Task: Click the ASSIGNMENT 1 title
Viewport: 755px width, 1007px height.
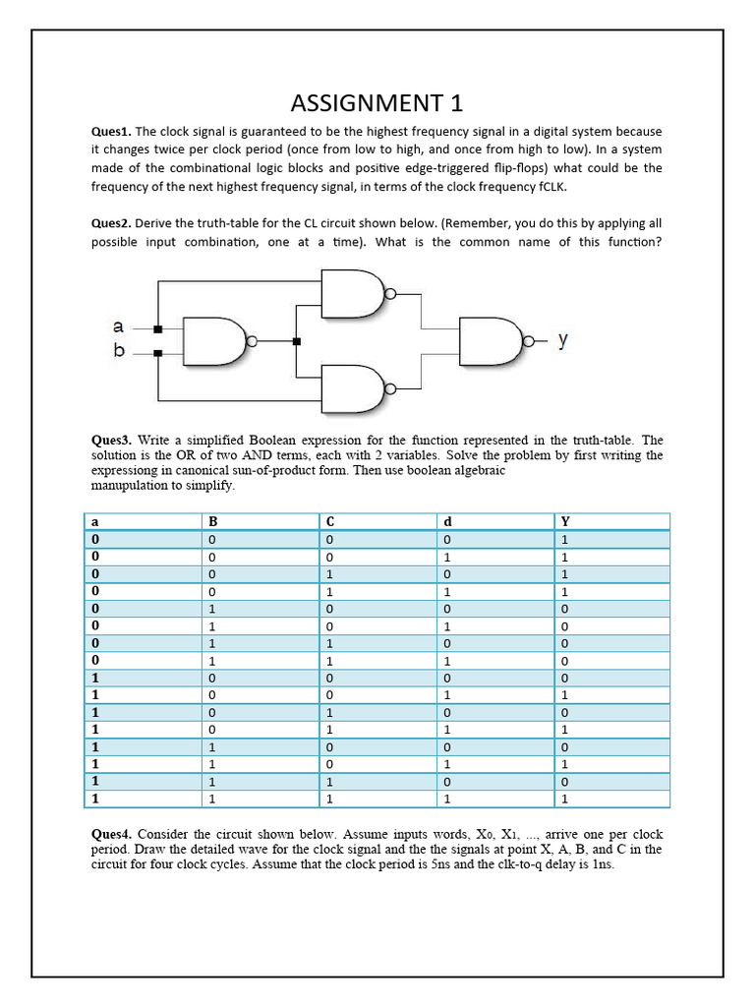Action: point(377,103)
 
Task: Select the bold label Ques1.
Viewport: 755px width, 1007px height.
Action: point(111,132)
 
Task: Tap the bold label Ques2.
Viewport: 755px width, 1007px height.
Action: point(111,223)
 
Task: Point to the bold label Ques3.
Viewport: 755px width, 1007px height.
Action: point(112,440)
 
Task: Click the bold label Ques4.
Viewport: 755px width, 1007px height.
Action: point(112,833)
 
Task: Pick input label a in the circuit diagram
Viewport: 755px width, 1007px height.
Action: point(119,326)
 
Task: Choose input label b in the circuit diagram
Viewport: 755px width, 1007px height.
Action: point(119,351)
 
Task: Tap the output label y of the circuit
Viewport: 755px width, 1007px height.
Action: point(562,340)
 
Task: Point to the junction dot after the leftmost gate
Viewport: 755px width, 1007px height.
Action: point(297,341)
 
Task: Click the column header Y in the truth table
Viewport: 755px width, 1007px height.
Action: point(565,522)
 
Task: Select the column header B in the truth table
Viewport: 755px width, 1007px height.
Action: point(211,522)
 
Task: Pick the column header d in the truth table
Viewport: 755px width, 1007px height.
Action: point(446,522)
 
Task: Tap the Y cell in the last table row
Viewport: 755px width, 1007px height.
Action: point(565,800)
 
